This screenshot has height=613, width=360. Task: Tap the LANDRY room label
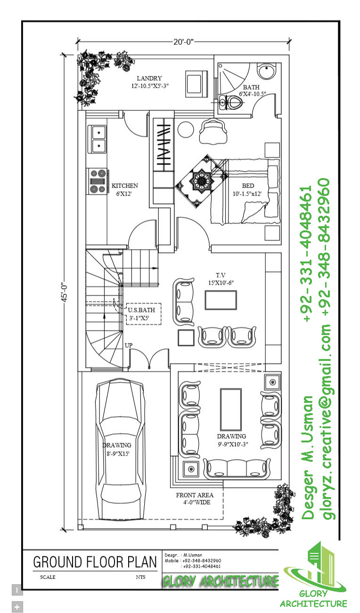click(x=149, y=78)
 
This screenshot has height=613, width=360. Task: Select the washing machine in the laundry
click(x=196, y=82)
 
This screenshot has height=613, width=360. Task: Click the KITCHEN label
click(x=124, y=186)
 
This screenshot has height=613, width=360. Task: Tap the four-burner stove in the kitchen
click(x=98, y=181)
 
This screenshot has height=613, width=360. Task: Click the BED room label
click(x=248, y=186)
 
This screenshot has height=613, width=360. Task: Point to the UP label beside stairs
click(x=129, y=345)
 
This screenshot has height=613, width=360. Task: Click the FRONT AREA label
click(x=195, y=495)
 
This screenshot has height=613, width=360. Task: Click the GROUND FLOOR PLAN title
click(x=94, y=562)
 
